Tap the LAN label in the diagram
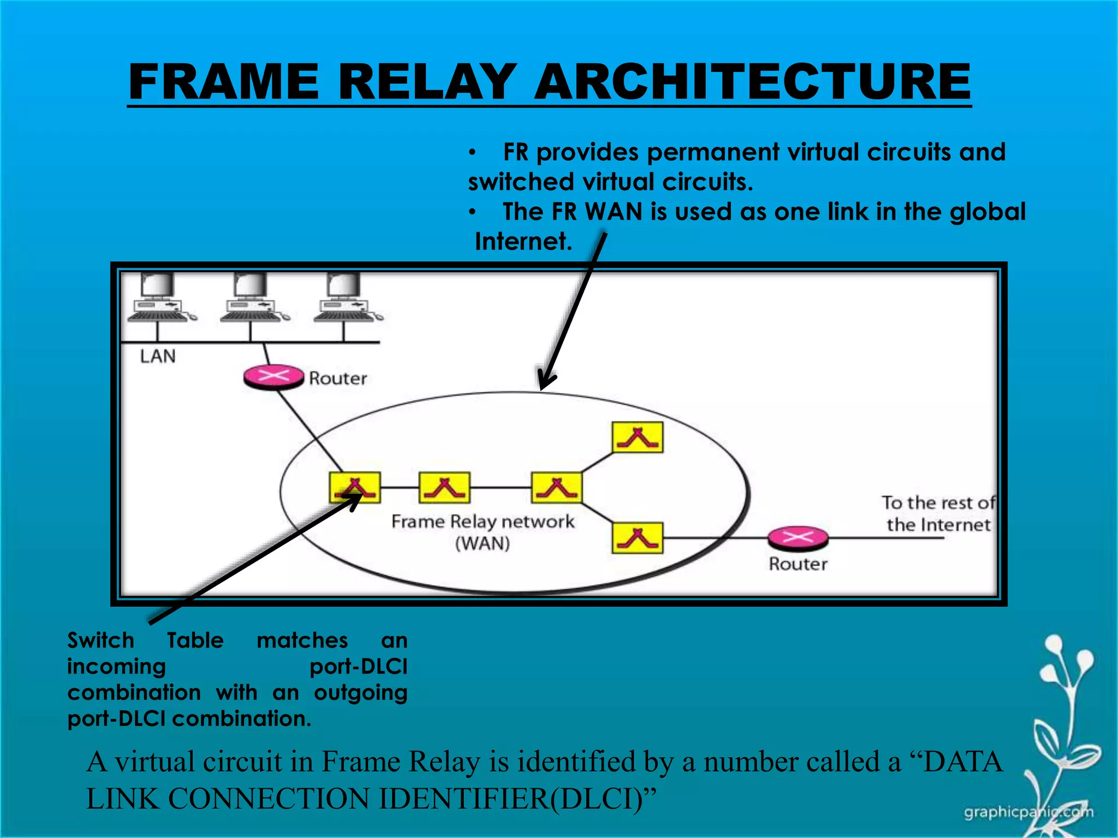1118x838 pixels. [x=158, y=356]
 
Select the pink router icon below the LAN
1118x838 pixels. [x=273, y=376]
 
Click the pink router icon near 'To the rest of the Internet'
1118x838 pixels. [x=798, y=538]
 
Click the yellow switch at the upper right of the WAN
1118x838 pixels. [x=638, y=437]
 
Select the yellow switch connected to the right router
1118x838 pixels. [x=638, y=538]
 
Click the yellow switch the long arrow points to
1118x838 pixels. [x=355, y=487]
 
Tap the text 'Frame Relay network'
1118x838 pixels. [x=483, y=522]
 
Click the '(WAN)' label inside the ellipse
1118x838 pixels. [x=483, y=543]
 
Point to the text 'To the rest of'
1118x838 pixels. [x=938, y=502]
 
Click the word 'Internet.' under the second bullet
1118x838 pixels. [x=523, y=241]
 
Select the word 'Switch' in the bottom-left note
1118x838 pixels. [x=100, y=641]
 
